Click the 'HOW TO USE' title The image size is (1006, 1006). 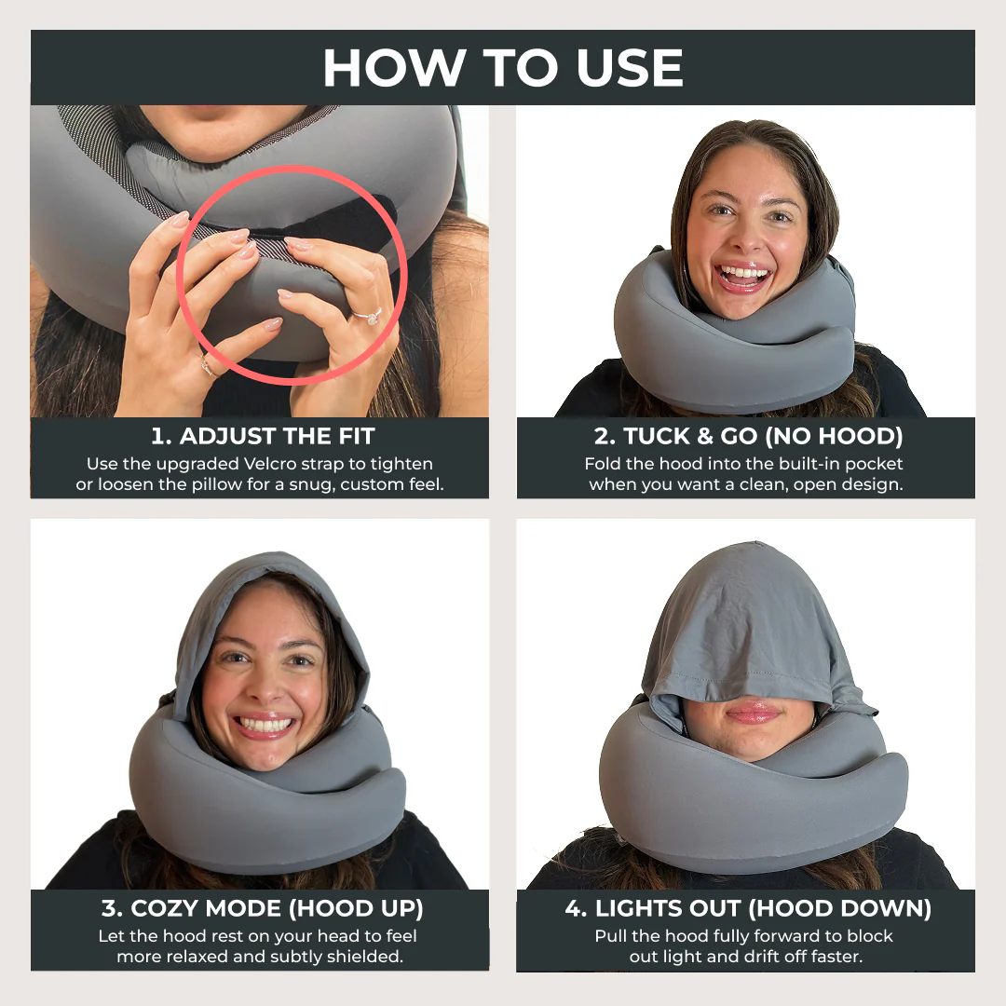tap(503, 67)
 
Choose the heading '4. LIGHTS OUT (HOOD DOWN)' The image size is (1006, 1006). tap(748, 908)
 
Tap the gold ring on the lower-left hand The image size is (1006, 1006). tap(207, 366)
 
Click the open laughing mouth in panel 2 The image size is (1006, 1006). tap(743, 276)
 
